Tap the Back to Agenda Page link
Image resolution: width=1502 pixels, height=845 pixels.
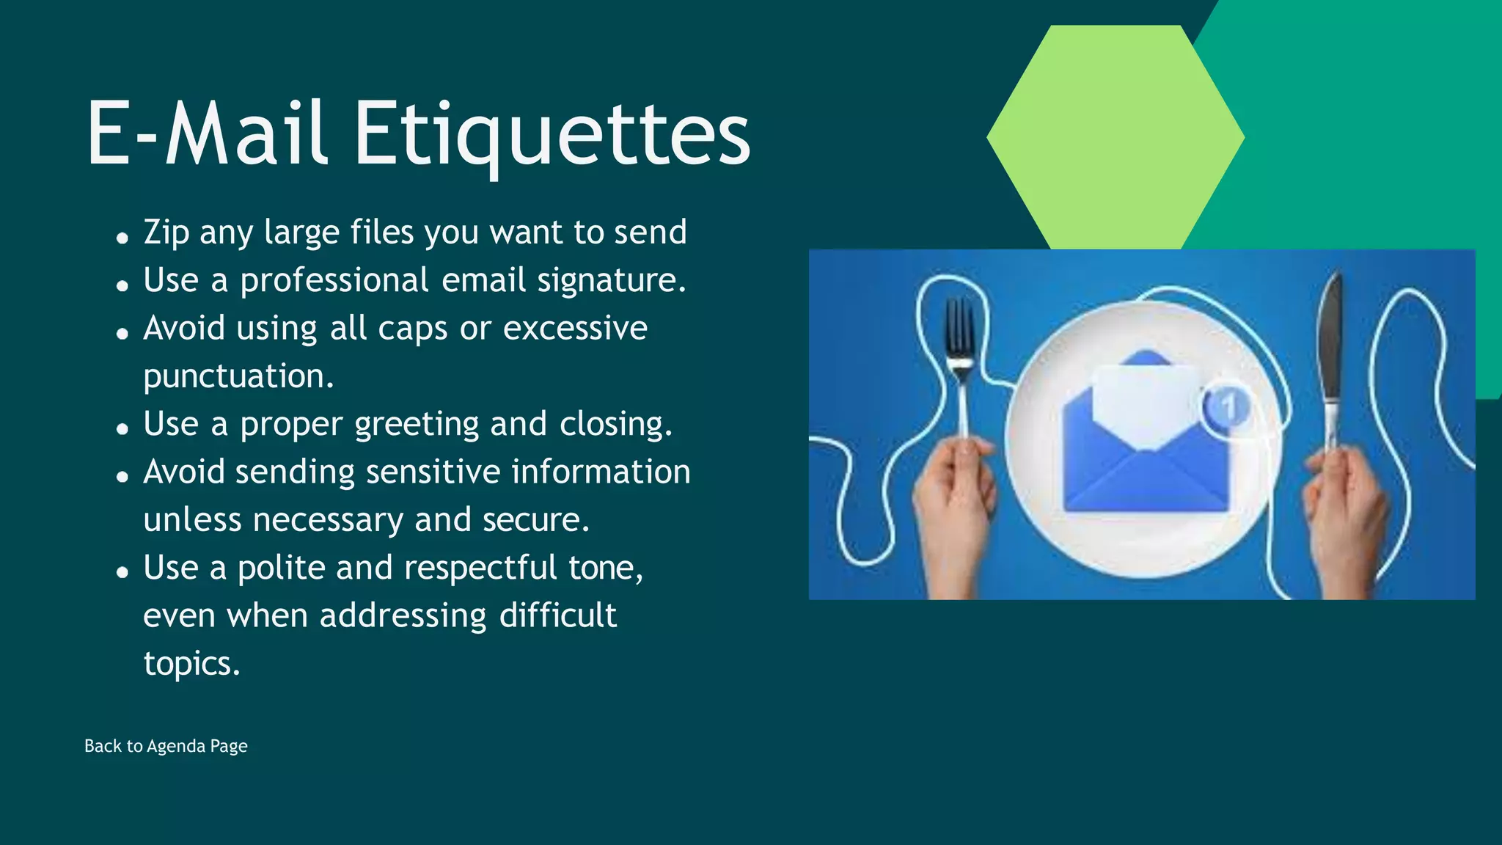click(166, 746)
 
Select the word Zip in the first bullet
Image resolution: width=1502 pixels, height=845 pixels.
click(166, 233)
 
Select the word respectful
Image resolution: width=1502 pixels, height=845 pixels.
click(480, 568)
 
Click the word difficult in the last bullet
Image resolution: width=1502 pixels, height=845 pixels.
click(557, 616)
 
